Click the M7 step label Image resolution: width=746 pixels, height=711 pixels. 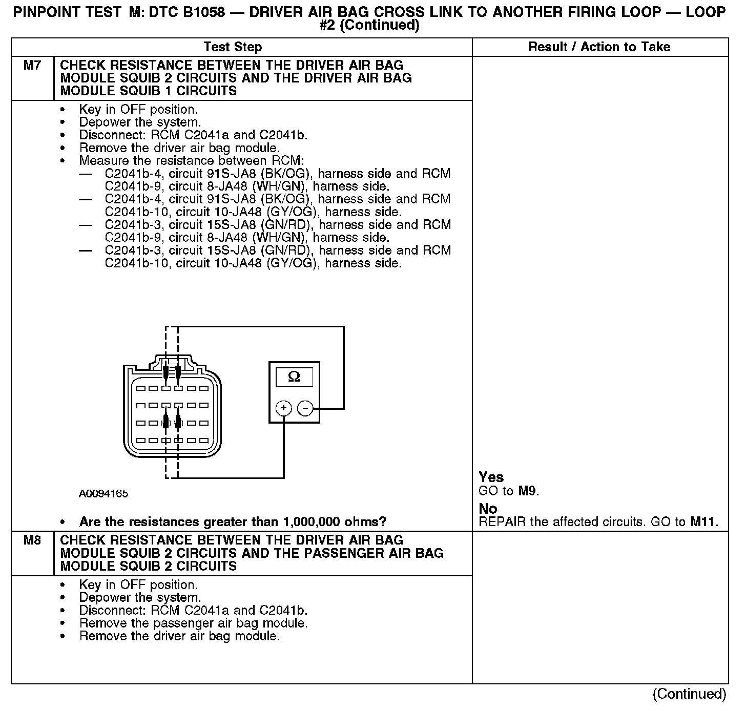(32, 66)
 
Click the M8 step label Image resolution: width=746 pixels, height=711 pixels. (32, 540)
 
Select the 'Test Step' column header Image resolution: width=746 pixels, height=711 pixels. (233, 47)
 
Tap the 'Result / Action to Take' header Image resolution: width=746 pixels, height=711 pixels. (599, 47)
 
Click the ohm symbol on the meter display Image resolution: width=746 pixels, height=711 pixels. (294, 377)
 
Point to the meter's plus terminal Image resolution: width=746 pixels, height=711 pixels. (283, 408)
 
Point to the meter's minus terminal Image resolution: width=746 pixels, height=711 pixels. (305, 408)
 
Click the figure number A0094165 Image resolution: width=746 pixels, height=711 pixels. (103, 494)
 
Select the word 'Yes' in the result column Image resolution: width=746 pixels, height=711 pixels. (491, 477)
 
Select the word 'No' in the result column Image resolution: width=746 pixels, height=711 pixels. (488, 509)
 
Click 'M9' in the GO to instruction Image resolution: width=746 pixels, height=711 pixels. (528, 491)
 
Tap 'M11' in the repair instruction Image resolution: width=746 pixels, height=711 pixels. (703, 522)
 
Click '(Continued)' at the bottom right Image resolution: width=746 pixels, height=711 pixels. (689, 694)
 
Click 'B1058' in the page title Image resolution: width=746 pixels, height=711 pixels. (202, 12)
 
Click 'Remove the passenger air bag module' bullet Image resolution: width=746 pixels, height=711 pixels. (193, 623)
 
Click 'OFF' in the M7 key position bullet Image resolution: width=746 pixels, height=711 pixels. (133, 110)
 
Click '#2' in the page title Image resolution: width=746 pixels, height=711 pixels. (327, 25)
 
